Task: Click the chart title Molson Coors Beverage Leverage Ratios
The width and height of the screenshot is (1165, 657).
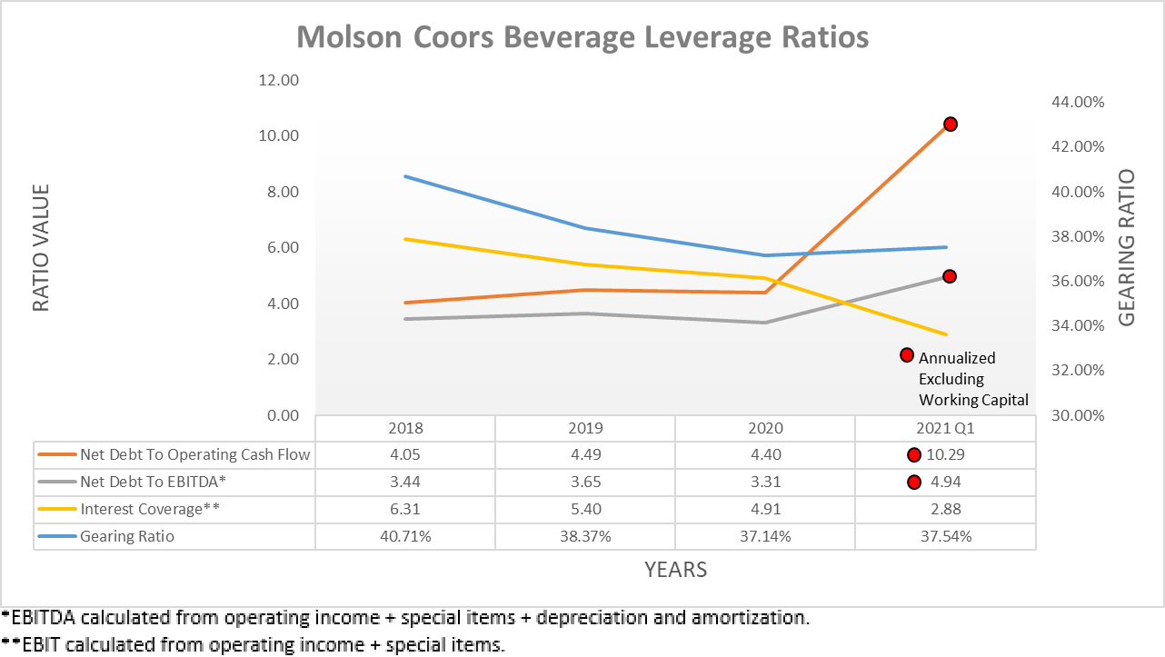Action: (x=582, y=37)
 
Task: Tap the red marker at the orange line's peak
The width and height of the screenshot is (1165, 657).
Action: (x=950, y=124)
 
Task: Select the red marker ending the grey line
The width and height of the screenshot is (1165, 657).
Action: (x=950, y=276)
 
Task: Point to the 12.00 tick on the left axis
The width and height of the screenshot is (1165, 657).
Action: (x=280, y=80)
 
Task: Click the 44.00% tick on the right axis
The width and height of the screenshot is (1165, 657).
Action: (x=1077, y=103)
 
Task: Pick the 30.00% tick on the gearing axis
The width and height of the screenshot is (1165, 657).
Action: (x=1077, y=416)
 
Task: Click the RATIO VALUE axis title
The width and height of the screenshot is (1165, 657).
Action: (x=41, y=248)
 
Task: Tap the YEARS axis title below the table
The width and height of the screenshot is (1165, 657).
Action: (x=675, y=570)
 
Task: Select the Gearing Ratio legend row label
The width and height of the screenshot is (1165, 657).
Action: (x=127, y=536)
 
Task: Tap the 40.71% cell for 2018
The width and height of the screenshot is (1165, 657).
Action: (x=405, y=536)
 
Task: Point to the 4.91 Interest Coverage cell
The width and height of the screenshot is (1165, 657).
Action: (x=765, y=509)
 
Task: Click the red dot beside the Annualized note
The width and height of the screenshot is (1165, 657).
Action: (x=906, y=355)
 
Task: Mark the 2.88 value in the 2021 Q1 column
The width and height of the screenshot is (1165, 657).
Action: (x=945, y=509)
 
